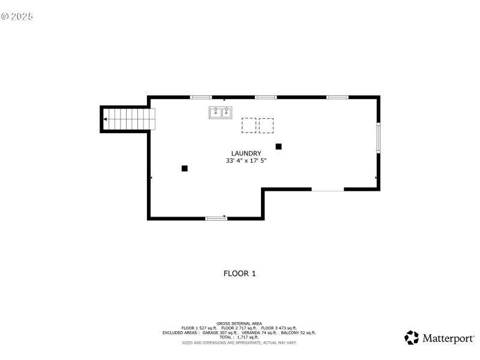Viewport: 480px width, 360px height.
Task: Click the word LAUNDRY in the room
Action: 246,153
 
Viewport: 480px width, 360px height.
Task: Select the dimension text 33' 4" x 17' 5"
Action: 246,161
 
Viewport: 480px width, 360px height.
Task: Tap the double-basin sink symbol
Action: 221,112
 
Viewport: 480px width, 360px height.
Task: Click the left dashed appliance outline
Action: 249,125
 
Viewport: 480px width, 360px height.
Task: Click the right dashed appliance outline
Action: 266,125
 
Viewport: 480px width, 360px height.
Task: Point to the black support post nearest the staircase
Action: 185,169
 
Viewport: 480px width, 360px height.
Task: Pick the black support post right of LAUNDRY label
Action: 278,146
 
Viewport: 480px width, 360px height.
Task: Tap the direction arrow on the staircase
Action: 106,119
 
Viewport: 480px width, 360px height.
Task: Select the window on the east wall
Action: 378,137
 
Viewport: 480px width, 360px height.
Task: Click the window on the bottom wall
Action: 216,218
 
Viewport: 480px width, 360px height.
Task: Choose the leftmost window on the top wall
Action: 201,97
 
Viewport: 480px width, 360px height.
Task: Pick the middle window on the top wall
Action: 266,97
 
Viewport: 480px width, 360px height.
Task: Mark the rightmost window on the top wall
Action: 337,97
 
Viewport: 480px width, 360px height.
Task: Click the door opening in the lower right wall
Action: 328,190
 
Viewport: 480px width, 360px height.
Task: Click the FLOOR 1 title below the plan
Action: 240,274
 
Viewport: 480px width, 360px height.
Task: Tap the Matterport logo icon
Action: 412,338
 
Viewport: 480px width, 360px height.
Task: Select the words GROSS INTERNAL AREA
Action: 239,323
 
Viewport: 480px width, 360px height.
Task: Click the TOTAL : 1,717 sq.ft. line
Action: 239,337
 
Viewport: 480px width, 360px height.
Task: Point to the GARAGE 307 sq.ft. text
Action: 220,332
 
